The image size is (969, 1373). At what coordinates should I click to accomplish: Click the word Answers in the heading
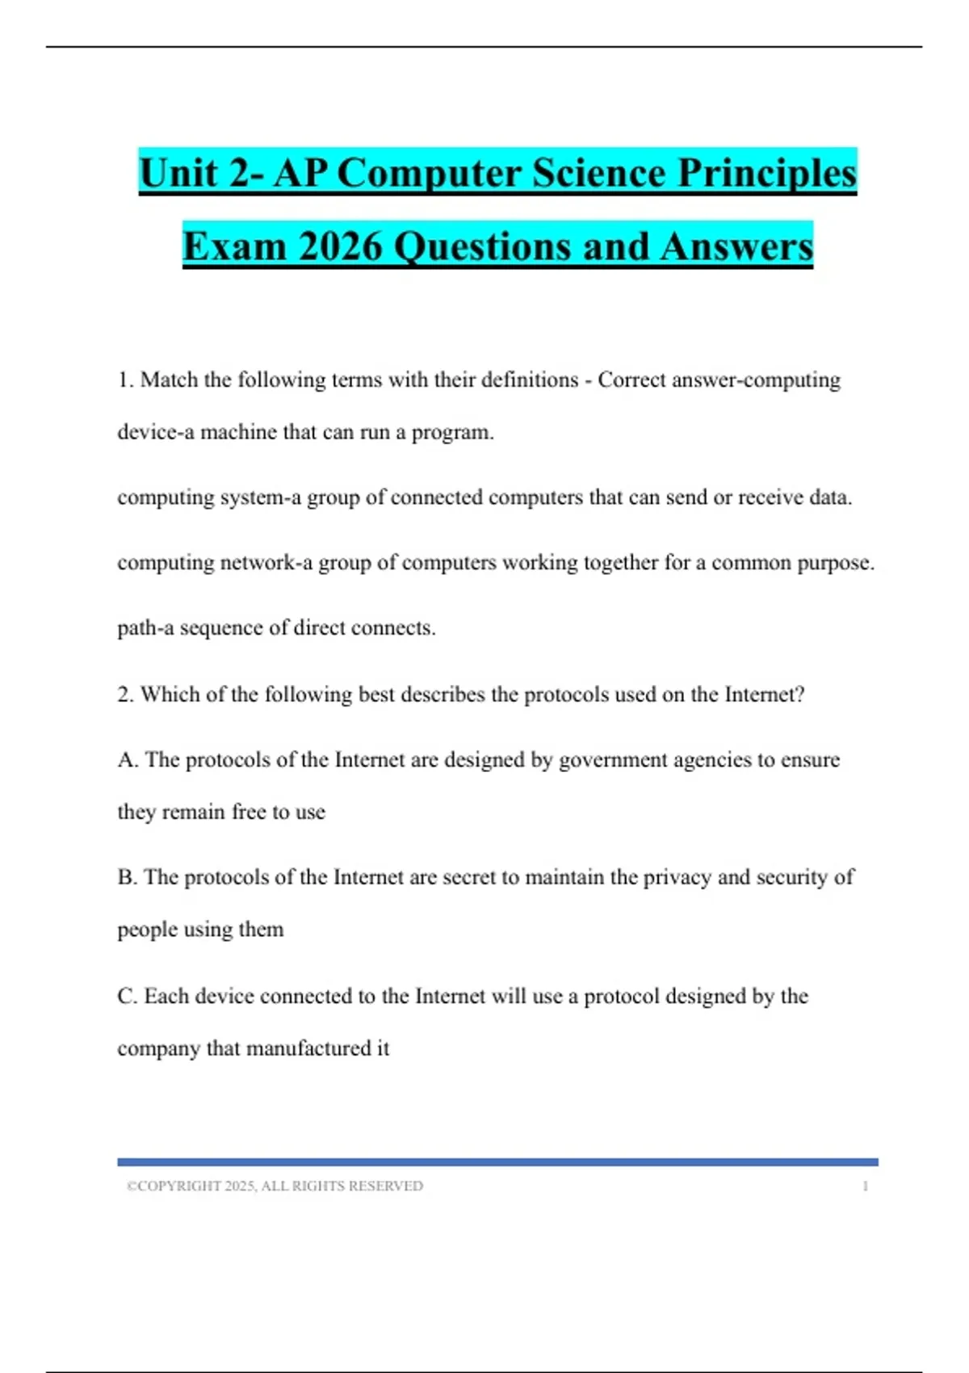point(736,246)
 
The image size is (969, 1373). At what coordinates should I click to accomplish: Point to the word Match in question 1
point(170,380)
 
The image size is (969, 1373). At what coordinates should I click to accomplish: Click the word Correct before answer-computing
point(631,380)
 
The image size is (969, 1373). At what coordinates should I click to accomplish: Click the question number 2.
point(125,695)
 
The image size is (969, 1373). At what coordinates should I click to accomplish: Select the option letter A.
point(128,760)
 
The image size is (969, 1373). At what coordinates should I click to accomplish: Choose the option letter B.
point(127,877)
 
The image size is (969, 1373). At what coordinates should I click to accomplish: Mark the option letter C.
point(127,996)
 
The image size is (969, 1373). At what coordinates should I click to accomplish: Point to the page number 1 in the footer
point(865,1186)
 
